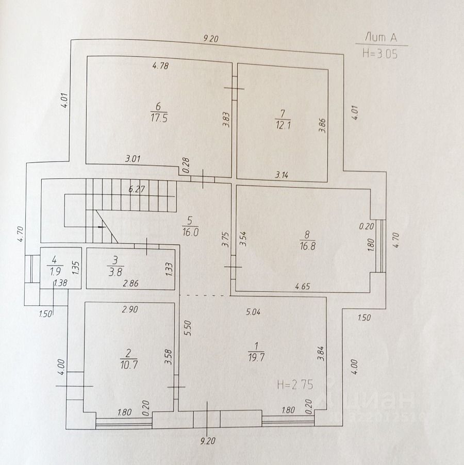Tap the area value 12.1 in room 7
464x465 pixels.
[280, 125]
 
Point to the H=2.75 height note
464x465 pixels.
[295, 384]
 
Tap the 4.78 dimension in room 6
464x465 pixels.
[161, 65]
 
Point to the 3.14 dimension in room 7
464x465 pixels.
[281, 175]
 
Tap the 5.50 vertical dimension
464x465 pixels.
[188, 328]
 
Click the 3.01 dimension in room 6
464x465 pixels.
[133, 159]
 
